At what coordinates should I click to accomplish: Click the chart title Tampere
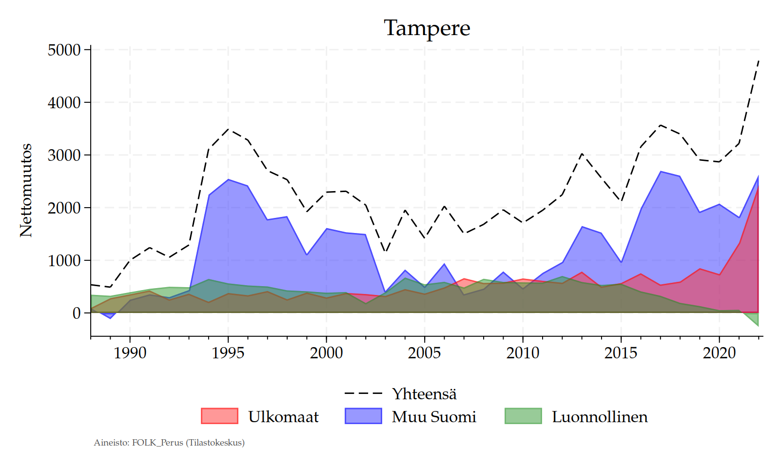(427, 28)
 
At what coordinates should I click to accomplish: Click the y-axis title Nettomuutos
(26, 191)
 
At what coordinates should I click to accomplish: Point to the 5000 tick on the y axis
(64, 50)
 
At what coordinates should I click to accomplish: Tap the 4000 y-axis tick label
(64, 103)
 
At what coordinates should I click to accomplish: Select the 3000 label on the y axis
(64, 156)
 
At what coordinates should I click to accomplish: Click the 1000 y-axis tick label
(64, 261)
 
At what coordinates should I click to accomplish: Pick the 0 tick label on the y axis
(77, 313)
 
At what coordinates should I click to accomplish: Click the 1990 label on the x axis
(130, 353)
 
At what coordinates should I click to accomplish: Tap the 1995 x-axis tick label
(228, 353)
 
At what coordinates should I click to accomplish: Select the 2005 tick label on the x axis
(424, 353)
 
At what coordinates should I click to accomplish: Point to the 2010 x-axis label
(523, 353)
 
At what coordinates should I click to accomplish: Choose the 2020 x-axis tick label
(719, 353)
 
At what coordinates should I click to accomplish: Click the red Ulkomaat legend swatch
(219, 416)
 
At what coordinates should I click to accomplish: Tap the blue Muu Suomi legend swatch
(363, 416)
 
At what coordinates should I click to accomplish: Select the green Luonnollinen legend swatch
(523, 416)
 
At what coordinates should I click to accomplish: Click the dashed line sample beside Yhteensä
(363, 393)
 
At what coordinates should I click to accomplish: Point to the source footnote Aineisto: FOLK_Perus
(169, 443)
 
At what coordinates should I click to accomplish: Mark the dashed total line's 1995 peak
(228, 129)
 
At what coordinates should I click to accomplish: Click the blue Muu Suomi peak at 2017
(661, 172)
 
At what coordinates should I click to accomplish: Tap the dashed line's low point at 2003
(386, 252)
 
